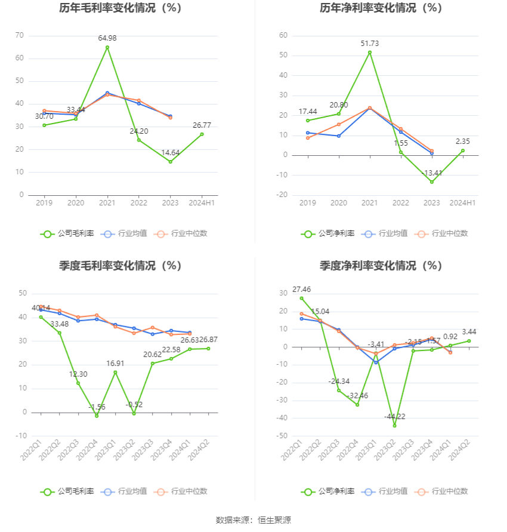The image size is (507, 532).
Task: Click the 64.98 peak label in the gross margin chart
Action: (107, 38)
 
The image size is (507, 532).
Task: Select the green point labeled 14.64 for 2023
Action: (170, 162)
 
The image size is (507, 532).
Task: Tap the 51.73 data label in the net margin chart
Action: (369, 44)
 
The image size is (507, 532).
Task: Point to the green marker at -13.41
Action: (432, 182)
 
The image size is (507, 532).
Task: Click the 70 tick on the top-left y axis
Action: (20, 35)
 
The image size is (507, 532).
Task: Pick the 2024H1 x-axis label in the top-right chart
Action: (463, 203)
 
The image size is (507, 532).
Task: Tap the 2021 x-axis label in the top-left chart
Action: (107, 203)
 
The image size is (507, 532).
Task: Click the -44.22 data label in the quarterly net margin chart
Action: (395, 416)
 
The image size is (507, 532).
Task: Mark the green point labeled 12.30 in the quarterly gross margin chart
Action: (78, 383)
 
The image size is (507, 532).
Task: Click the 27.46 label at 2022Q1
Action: (302, 289)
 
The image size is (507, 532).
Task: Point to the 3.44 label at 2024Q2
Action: (469, 332)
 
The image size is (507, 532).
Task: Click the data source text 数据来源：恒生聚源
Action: (253, 520)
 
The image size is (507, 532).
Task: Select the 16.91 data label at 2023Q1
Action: (115, 363)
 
